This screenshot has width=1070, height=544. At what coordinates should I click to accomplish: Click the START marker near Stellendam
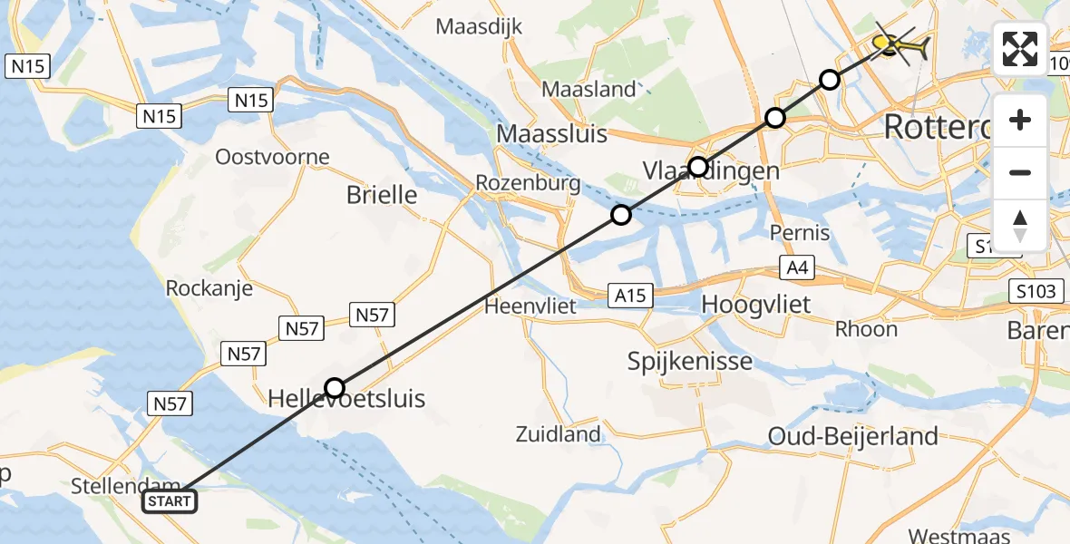pos(170,500)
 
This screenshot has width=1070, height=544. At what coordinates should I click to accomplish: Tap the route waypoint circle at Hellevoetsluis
pos(335,388)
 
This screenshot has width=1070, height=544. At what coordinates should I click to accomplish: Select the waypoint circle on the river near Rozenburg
pos(620,215)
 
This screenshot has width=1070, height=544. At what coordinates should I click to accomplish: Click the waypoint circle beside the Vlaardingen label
pos(697,166)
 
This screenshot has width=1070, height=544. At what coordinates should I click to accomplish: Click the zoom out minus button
pos(1020,172)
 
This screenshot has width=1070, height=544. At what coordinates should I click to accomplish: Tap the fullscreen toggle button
pos(1020,49)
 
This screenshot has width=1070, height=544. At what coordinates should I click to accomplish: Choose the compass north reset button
pos(1020,225)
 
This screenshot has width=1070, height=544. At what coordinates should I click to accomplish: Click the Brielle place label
pos(382,194)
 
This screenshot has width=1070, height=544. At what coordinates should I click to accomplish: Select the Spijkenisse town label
pos(690,361)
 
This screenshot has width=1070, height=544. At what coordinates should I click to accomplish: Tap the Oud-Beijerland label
pos(852,436)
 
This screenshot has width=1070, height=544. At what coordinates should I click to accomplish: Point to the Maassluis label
pos(551,134)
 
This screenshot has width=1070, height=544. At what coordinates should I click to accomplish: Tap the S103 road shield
pos(1034,291)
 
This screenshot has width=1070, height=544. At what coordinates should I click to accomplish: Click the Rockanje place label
pos(209,288)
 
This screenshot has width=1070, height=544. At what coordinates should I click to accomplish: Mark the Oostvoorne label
pos(272,157)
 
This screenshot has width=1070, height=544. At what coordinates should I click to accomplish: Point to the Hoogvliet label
pos(756,304)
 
